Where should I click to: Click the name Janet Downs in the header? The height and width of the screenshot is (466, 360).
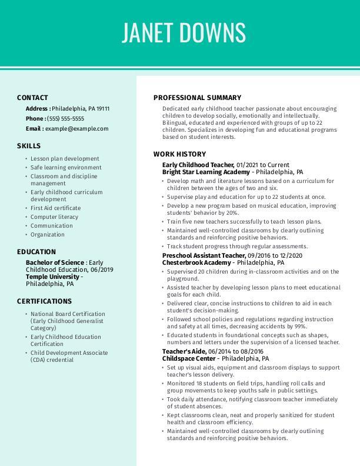click(x=184, y=33)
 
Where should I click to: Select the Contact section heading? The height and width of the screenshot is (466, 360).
click(x=32, y=98)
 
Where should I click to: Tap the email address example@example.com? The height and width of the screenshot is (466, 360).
click(x=76, y=128)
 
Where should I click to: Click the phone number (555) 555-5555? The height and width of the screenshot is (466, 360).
click(x=65, y=118)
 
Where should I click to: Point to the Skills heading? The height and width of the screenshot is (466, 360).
click(x=29, y=146)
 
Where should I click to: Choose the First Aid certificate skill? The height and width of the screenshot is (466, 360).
click(x=56, y=208)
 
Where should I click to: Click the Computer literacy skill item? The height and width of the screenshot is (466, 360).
click(x=54, y=217)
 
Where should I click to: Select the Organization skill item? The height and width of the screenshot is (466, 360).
click(x=48, y=234)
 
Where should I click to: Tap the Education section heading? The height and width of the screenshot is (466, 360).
click(x=36, y=252)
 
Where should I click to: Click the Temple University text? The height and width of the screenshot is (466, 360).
click(x=52, y=277)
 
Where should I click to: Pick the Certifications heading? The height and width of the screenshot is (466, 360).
click(x=44, y=301)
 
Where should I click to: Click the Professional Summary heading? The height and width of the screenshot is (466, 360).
click(x=197, y=98)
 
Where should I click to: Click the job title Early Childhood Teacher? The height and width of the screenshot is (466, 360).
click(x=198, y=165)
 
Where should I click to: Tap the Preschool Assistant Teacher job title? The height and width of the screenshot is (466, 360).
click(x=204, y=255)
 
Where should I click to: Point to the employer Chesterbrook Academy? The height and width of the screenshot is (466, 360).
click(x=197, y=262)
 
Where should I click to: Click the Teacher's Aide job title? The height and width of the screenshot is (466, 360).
click(x=184, y=351)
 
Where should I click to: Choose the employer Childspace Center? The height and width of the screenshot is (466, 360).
click(x=189, y=358)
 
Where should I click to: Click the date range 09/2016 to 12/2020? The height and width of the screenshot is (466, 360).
click(x=275, y=255)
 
